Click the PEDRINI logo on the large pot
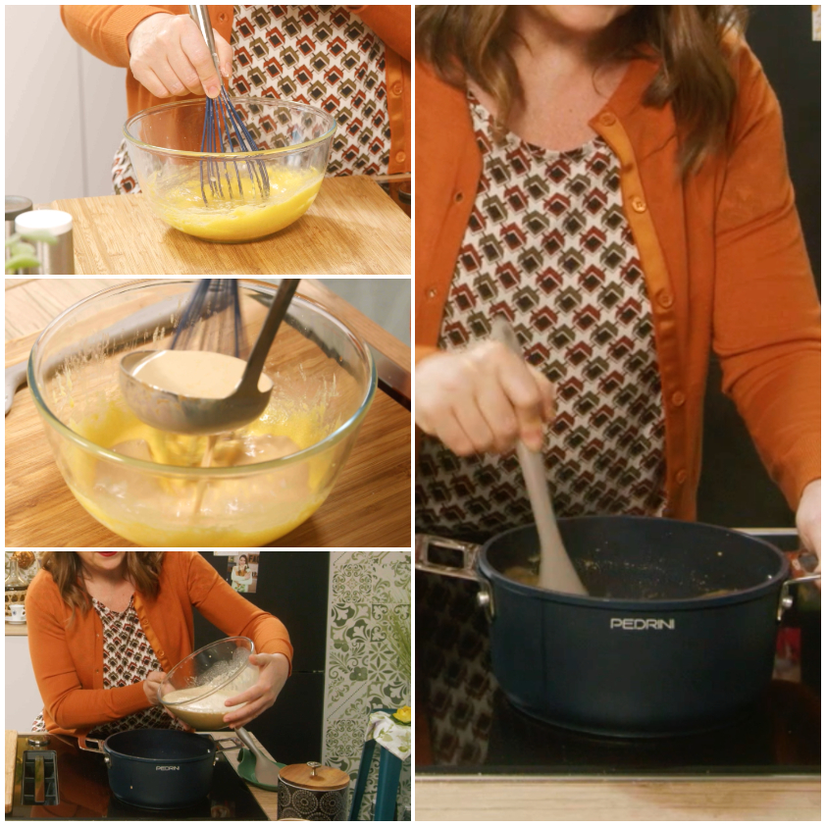643,624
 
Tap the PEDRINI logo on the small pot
168,768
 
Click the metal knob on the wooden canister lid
313,764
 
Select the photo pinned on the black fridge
243,572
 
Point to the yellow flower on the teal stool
402,715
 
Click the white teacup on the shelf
17,612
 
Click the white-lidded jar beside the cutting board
44,241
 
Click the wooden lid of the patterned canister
313,775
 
